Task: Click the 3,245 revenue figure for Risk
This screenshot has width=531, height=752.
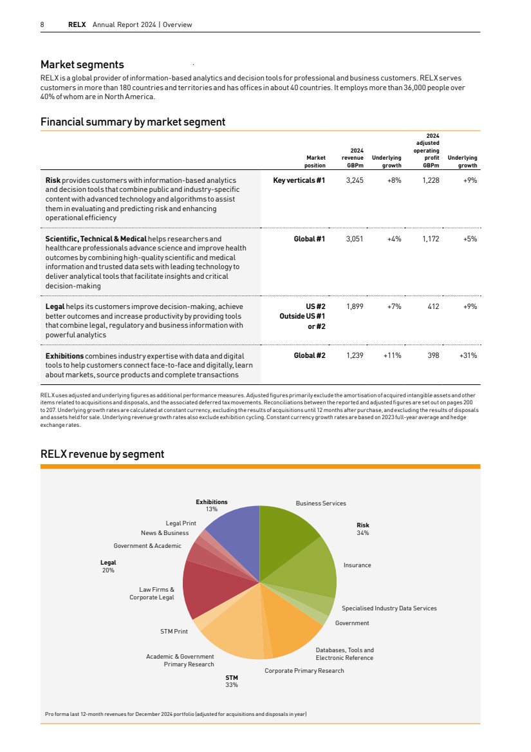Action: [355, 181]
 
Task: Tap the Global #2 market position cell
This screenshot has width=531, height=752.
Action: [310, 355]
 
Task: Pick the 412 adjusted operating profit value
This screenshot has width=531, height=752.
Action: [433, 306]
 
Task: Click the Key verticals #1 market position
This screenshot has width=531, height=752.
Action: [299, 181]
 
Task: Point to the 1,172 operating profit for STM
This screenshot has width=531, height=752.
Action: [431, 239]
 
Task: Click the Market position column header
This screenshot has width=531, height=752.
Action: [315, 161]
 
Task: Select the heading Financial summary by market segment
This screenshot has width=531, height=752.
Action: [133, 122]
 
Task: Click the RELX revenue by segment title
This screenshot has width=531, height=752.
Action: [102, 455]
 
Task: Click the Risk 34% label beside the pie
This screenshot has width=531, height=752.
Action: [363, 529]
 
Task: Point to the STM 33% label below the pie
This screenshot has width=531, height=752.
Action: [232, 681]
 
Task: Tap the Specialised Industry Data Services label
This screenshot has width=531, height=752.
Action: [389, 608]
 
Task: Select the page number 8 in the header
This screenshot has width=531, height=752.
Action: [42, 25]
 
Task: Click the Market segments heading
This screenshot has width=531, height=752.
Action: [82, 64]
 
